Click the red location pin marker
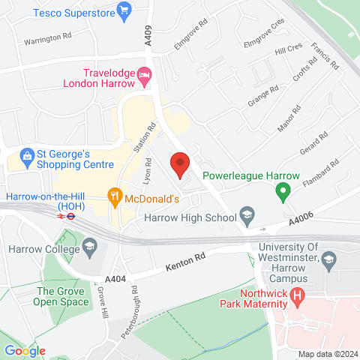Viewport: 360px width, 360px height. [180, 163]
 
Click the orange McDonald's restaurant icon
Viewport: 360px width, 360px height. [115, 197]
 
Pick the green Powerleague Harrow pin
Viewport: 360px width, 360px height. [282, 193]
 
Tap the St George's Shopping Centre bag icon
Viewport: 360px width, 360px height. [28, 156]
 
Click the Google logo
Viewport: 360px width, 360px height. [25, 351]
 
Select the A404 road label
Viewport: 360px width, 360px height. [115, 278]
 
